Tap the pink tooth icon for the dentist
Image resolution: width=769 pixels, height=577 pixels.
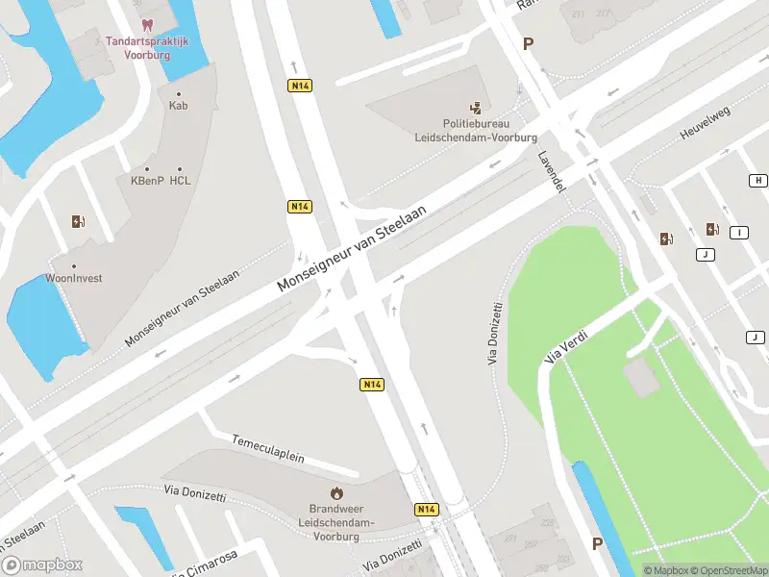click(x=146, y=25)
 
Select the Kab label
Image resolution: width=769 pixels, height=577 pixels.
click(x=178, y=105)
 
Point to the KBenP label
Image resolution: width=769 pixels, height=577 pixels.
click(x=147, y=180)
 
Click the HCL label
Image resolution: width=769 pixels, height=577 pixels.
click(x=180, y=180)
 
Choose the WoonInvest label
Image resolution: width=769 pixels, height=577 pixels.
click(x=74, y=278)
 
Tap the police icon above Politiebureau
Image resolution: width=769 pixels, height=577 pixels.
click(x=475, y=109)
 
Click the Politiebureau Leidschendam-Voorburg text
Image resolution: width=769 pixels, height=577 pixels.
click(x=475, y=131)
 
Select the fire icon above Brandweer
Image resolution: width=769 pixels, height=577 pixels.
click(x=335, y=492)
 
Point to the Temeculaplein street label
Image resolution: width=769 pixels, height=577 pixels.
click(x=268, y=448)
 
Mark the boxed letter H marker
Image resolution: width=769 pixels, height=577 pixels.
click(x=758, y=181)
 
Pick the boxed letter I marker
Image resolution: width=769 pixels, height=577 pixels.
click(x=738, y=233)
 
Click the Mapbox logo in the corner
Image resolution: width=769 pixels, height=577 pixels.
click(x=42, y=565)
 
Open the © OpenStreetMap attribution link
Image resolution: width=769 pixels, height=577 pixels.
click(x=728, y=570)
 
